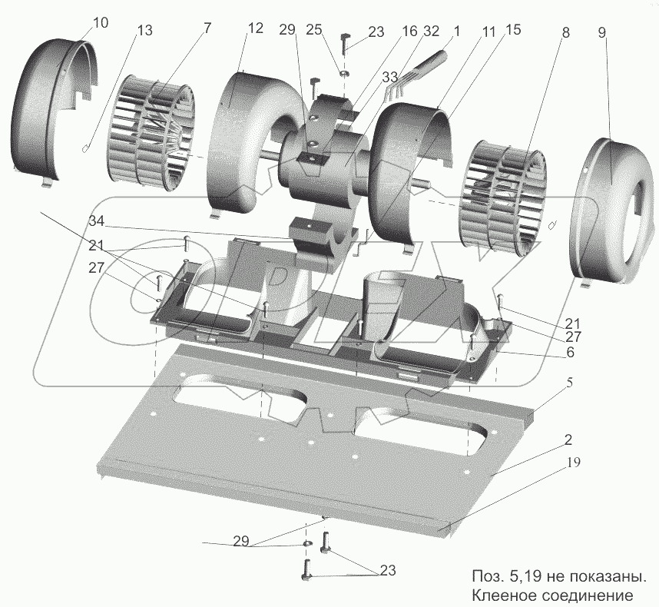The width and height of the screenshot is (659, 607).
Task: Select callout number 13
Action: tap(144, 31)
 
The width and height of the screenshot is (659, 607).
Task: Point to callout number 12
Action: tap(255, 28)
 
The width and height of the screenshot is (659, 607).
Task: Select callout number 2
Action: tap(567, 440)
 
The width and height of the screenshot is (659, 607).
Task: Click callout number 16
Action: tap(409, 32)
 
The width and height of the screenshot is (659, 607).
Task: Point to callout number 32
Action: tap(432, 32)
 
